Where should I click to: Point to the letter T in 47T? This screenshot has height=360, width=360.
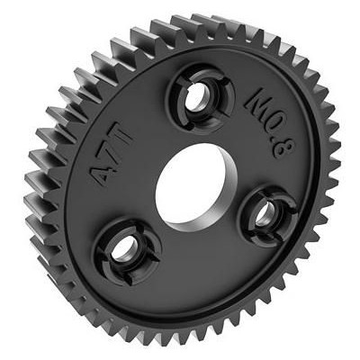tap(123, 138)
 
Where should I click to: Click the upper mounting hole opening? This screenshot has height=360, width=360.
tap(196, 96)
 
